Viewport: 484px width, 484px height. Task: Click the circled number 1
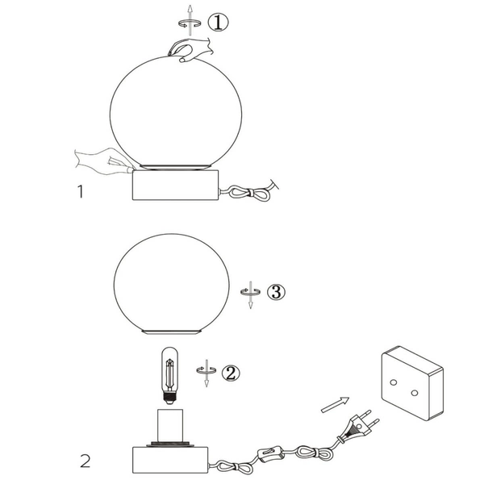tap(218, 22)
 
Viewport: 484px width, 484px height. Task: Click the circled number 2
tap(231, 373)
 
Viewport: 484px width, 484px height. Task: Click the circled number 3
tap(277, 293)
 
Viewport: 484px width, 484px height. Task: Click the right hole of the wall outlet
tap(414, 393)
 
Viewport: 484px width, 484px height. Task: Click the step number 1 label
tap(79, 192)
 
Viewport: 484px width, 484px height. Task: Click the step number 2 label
tap(84, 462)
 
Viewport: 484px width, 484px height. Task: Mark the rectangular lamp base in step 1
tap(175, 185)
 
